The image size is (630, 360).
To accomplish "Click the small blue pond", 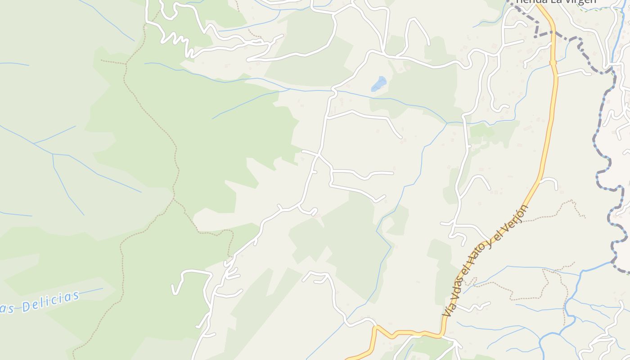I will [378, 84].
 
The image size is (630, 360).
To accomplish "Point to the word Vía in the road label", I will [448, 310].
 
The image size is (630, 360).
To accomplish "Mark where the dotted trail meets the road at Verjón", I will [524, 221].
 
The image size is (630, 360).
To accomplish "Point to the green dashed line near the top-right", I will [603, 9].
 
